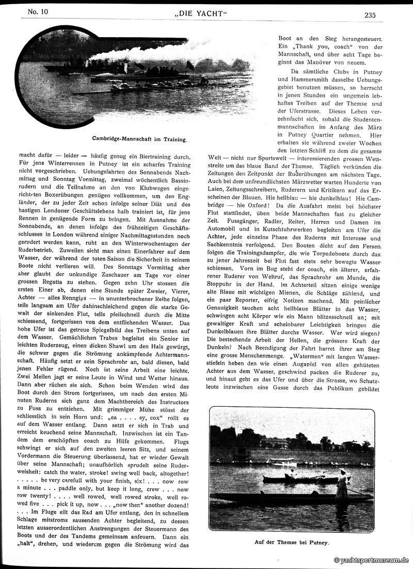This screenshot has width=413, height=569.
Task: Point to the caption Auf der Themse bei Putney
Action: coord(292,543)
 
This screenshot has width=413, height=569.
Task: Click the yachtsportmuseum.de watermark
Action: coord(371,560)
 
